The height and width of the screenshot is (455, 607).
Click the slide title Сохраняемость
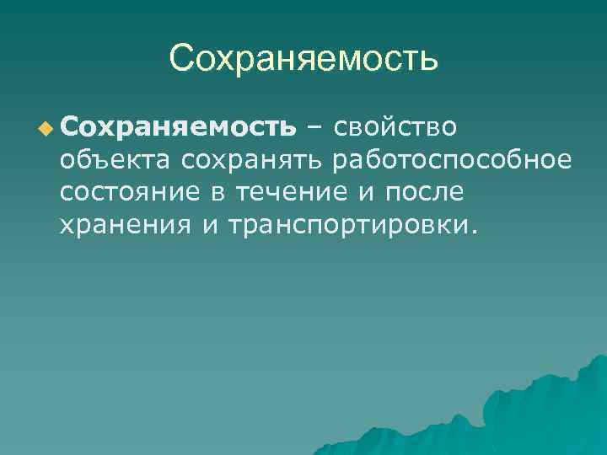click(x=303, y=58)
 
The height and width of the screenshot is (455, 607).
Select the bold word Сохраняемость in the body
click(x=178, y=127)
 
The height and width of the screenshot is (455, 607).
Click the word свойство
click(x=395, y=127)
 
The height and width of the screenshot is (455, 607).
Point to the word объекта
click(x=114, y=160)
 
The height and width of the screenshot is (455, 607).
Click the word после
click(x=423, y=193)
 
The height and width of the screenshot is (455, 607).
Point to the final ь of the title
click(x=428, y=60)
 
